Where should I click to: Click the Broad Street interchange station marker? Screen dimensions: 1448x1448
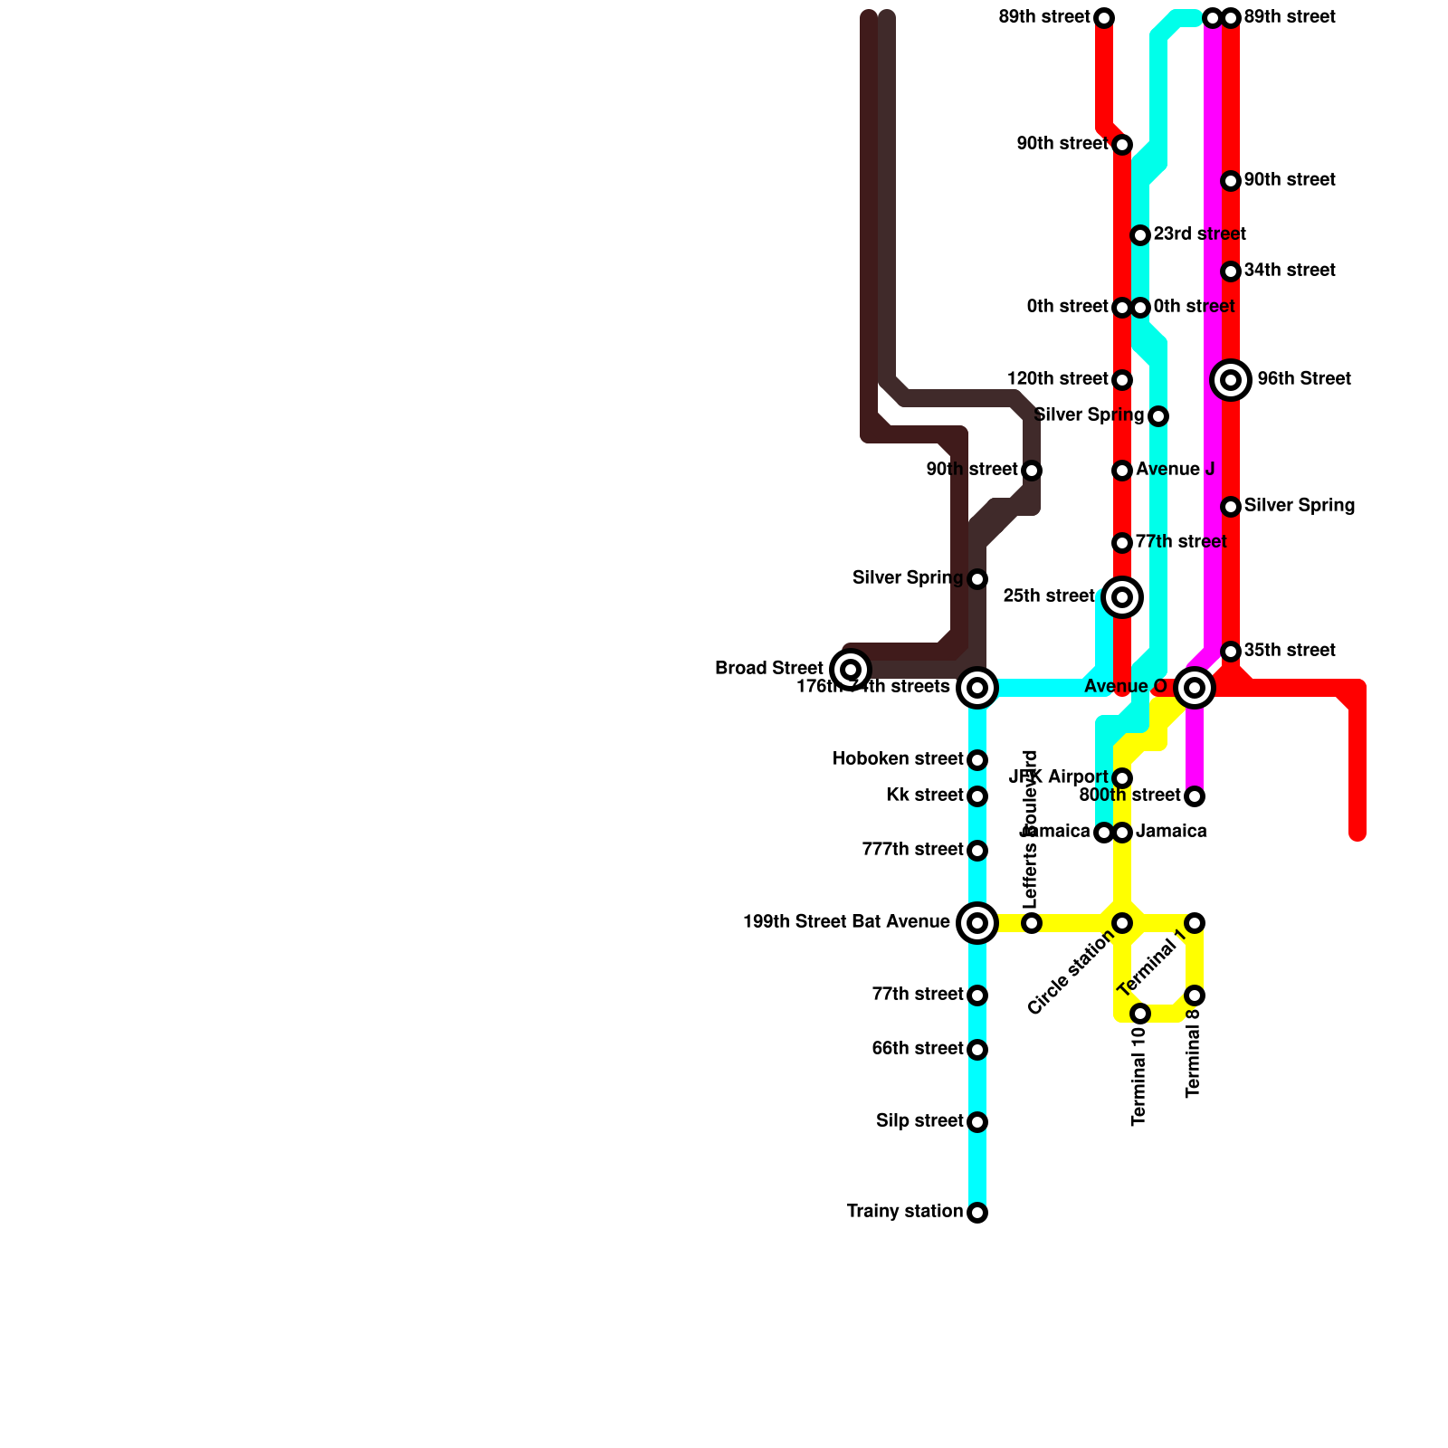click(x=850, y=670)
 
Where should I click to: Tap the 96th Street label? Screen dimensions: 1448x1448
click(x=1303, y=379)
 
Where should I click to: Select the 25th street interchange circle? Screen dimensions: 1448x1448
click(x=1122, y=597)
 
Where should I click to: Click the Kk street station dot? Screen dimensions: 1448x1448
click(x=977, y=796)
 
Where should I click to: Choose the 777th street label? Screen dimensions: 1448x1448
click(x=912, y=850)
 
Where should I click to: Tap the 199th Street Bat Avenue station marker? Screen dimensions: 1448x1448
click(x=977, y=923)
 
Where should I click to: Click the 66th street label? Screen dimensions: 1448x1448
click(x=917, y=1049)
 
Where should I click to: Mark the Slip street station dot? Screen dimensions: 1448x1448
click(x=977, y=1122)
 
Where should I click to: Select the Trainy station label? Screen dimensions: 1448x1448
click(x=904, y=1212)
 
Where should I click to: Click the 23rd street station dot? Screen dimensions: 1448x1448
click(x=1140, y=235)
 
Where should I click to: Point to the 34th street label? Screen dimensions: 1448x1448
click(x=1289, y=271)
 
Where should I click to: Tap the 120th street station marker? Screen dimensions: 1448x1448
click(x=1122, y=380)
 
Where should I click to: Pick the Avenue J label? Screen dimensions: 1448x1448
click(x=1175, y=470)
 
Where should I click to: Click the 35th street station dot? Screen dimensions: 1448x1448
click(x=1231, y=652)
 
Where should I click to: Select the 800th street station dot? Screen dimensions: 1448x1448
click(x=1195, y=796)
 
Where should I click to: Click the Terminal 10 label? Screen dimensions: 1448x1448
click(x=1139, y=1076)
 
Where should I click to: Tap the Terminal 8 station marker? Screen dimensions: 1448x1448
click(x=1195, y=995)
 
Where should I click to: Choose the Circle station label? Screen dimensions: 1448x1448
click(x=1072, y=973)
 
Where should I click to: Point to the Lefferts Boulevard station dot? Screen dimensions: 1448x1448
click(x=1032, y=923)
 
